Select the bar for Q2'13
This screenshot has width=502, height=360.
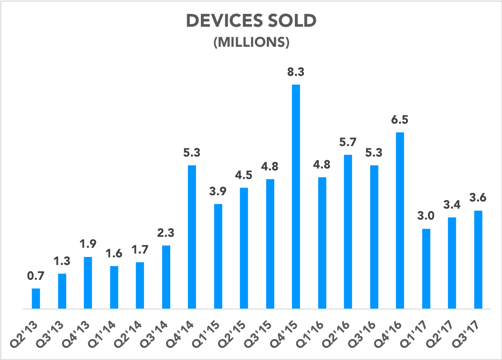(x=36, y=298)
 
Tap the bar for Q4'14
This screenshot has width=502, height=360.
(x=192, y=237)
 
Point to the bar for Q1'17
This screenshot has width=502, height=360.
(x=426, y=269)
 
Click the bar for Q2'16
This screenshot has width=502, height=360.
(x=348, y=232)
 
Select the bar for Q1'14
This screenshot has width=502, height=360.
(x=114, y=287)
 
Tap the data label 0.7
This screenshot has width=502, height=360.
(x=36, y=276)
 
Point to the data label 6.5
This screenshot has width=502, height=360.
(x=400, y=120)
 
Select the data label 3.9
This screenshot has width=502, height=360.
(x=218, y=192)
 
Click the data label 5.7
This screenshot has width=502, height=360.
(x=348, y=143)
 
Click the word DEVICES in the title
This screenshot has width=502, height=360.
(x=223, y=22)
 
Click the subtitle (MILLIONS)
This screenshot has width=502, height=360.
(x=251, y=42)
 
